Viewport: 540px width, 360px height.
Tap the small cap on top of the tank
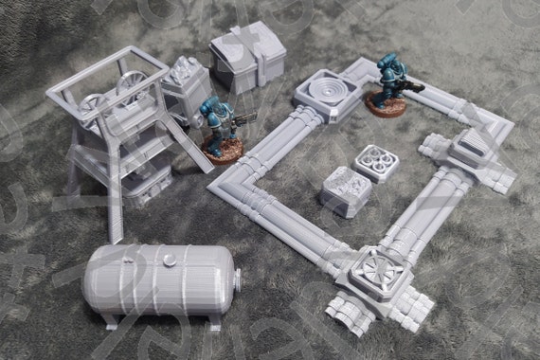168,255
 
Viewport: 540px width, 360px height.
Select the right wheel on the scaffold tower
134,88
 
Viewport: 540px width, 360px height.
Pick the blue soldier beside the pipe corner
388,81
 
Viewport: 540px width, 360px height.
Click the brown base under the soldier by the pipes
387,106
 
